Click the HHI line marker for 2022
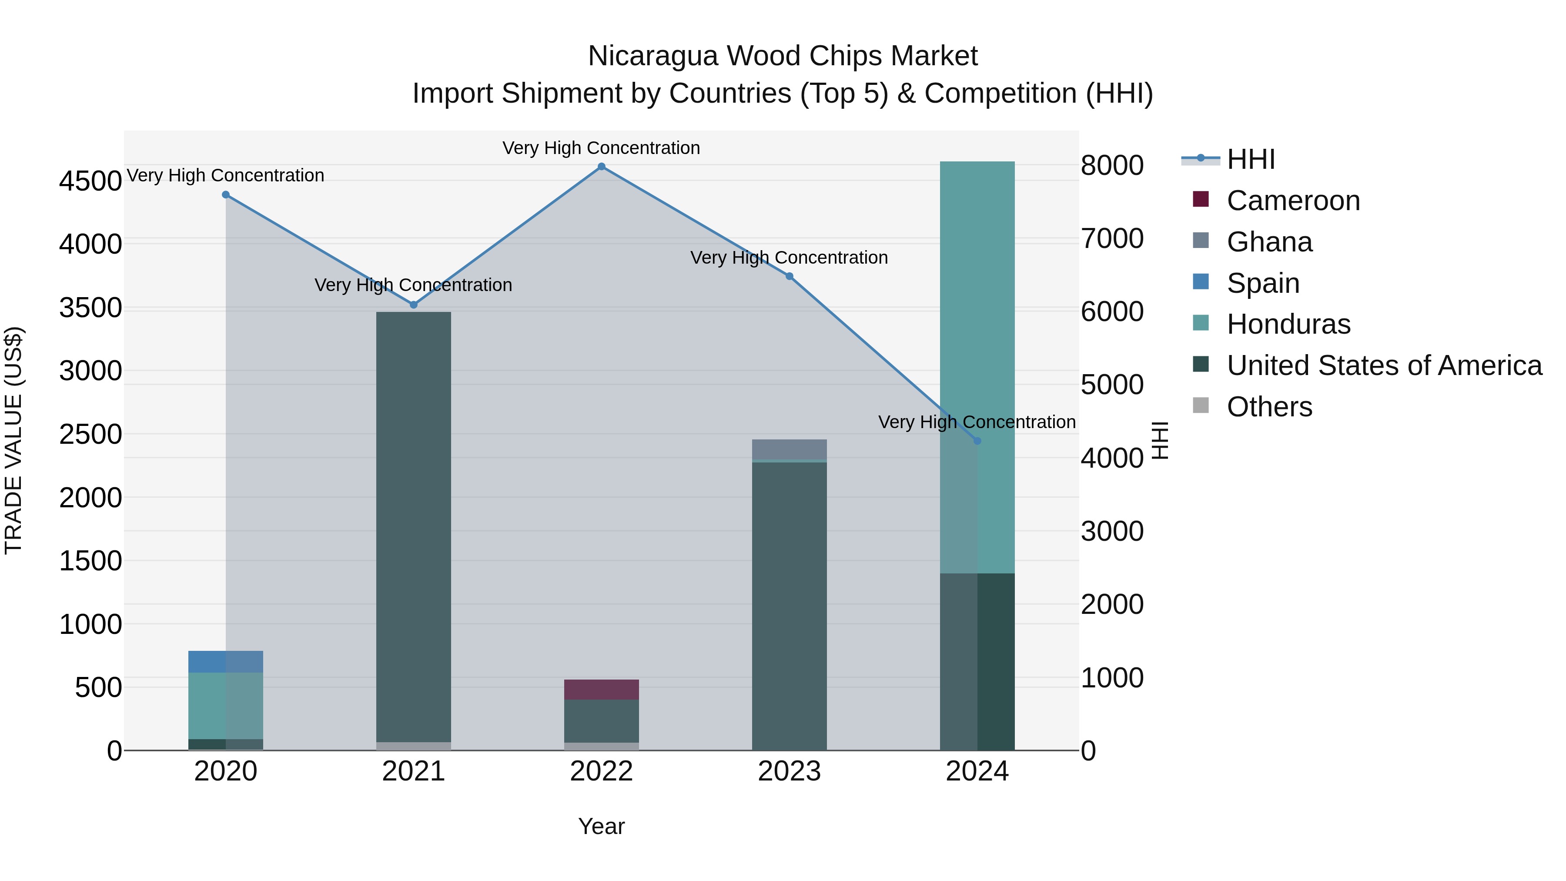(601, 167)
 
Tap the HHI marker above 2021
(413, 305)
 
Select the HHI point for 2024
(977, 441)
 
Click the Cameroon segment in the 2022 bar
(601, 690)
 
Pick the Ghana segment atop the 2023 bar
(789, 449)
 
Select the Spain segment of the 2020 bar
(225, 661)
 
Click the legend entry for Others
(1269, 407)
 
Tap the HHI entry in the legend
(1251, 159)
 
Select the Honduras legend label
(1288, 324)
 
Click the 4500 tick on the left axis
(90, 181)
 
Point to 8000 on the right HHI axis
(1112, 165)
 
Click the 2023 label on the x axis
(789, 771)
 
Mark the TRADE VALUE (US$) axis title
(13, 440)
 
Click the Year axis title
(601, 826)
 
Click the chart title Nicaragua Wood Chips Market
(783, 56)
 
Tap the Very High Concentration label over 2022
(601, 148)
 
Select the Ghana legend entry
(1269, 242)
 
